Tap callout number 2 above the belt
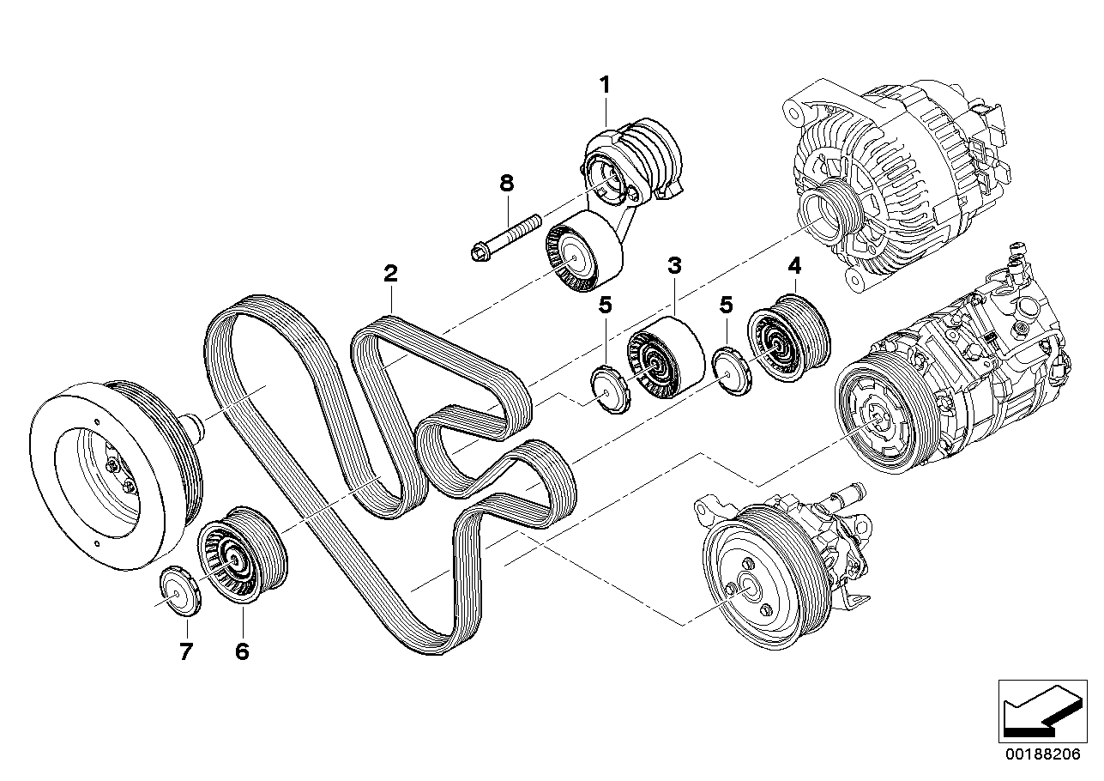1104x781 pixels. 391,275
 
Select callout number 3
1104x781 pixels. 675,265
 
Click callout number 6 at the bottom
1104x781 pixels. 241,652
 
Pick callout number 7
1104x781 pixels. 186,652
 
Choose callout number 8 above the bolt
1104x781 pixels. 506,182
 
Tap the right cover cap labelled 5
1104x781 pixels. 729,372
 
